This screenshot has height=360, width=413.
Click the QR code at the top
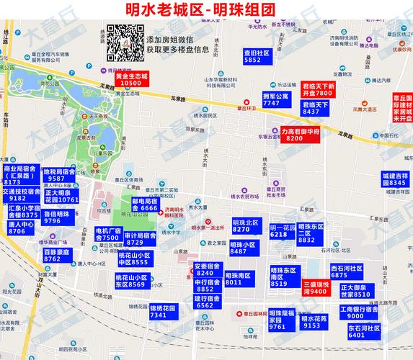pos(125,43)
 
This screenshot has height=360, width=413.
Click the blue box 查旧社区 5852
pos(257,57)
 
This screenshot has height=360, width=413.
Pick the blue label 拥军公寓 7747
pos(275,99)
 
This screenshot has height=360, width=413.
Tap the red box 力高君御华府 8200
pos(295,134)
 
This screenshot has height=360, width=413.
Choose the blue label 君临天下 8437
pos(316,108)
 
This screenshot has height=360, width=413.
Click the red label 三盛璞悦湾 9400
pos(316,288)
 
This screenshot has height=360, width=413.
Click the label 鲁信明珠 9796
pos(57,217)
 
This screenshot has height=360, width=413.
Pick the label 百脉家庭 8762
pos(57,256)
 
